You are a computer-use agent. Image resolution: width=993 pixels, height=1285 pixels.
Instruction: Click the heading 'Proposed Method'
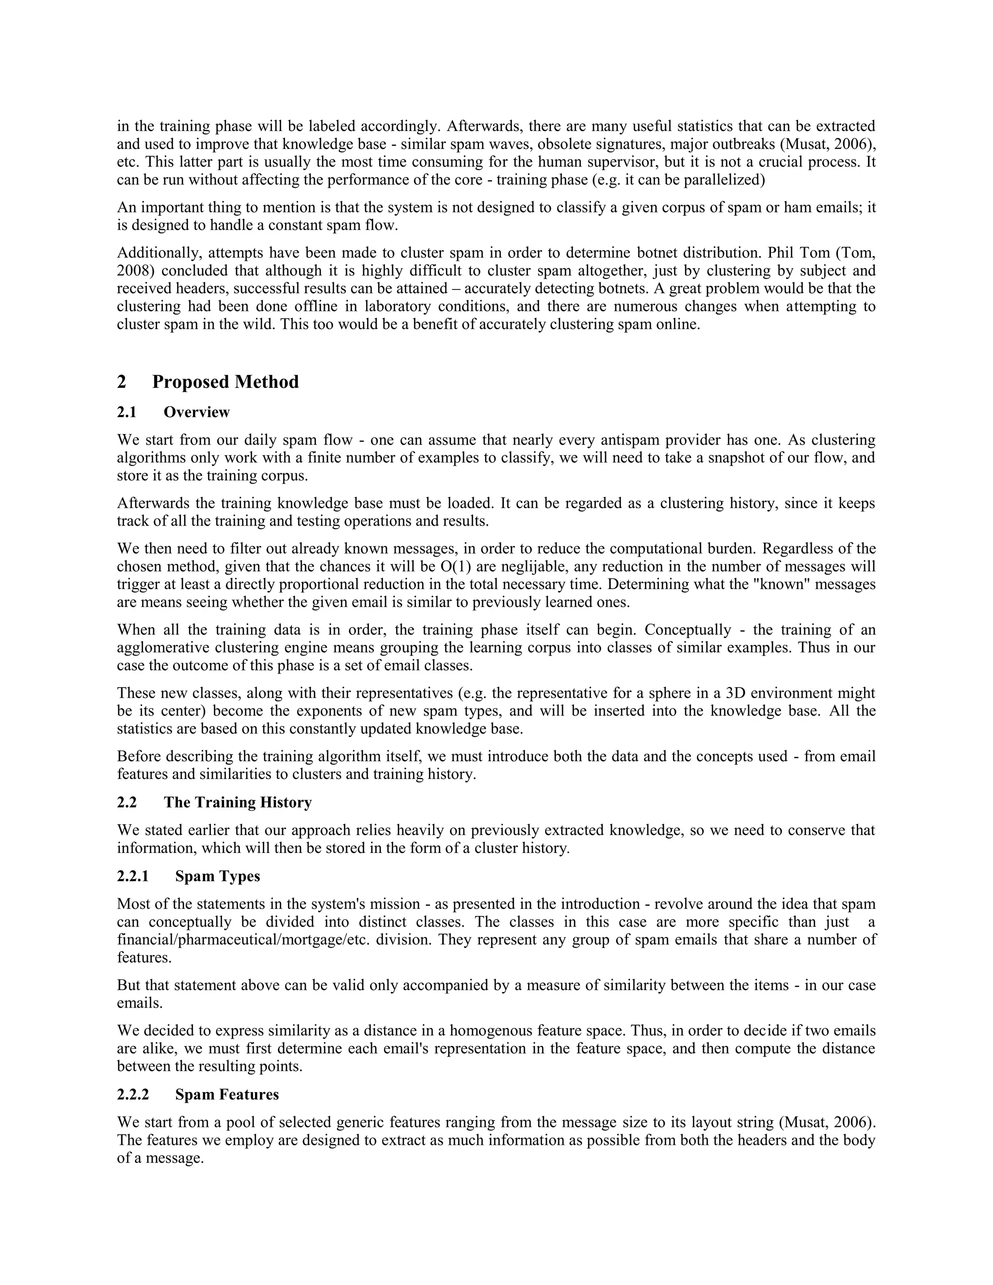click(x=225, y=382)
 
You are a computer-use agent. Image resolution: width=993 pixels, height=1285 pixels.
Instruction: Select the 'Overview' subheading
click(x=196, y=412)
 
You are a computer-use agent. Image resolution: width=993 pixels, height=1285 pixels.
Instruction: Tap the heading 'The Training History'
click(x=238, y=803)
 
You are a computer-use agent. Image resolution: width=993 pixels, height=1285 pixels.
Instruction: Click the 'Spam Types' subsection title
click(x=218, y=876)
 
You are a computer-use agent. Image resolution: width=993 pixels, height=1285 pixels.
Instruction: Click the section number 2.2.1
click(x=133, y=876)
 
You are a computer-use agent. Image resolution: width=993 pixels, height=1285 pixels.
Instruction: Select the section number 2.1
click(x=127, y=412)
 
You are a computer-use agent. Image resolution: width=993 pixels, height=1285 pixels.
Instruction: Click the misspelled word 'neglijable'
click(x=535, y=566)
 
